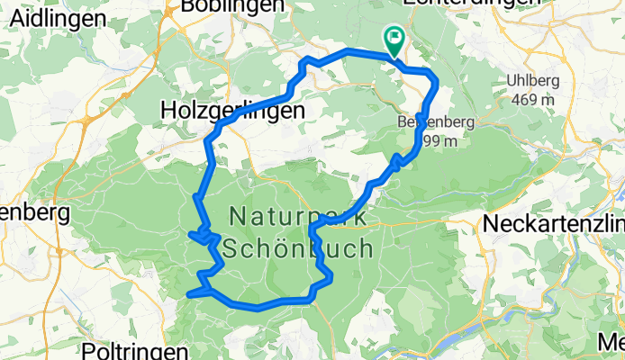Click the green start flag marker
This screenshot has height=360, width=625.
coord(394,39)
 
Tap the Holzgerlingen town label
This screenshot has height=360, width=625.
coord(232,109)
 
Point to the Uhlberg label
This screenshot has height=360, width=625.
coord(533,81)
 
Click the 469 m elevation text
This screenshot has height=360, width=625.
coord(532,100)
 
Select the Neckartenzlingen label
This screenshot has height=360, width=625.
coord(554,222)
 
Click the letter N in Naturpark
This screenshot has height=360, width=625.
coord(237,216)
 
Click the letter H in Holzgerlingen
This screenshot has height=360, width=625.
coord(168,109)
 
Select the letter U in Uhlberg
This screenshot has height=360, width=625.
coord(512,81)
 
